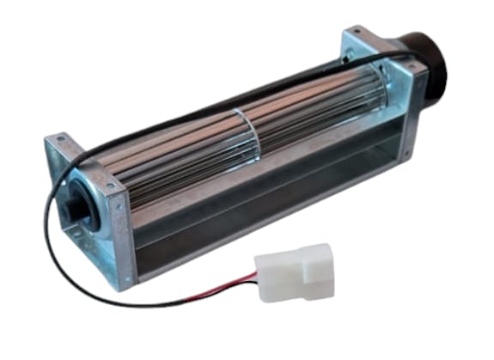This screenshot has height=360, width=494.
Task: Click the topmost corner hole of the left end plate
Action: (58, 140)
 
